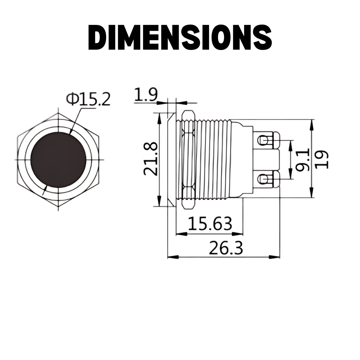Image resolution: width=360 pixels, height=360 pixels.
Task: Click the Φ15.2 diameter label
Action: (x=88, y=99)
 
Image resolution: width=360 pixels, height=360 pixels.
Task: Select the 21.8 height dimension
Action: (x=151, y=159)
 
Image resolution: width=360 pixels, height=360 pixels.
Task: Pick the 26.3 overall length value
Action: (x=226, y=248)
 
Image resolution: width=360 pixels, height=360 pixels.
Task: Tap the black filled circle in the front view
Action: (x=58, y=159)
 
